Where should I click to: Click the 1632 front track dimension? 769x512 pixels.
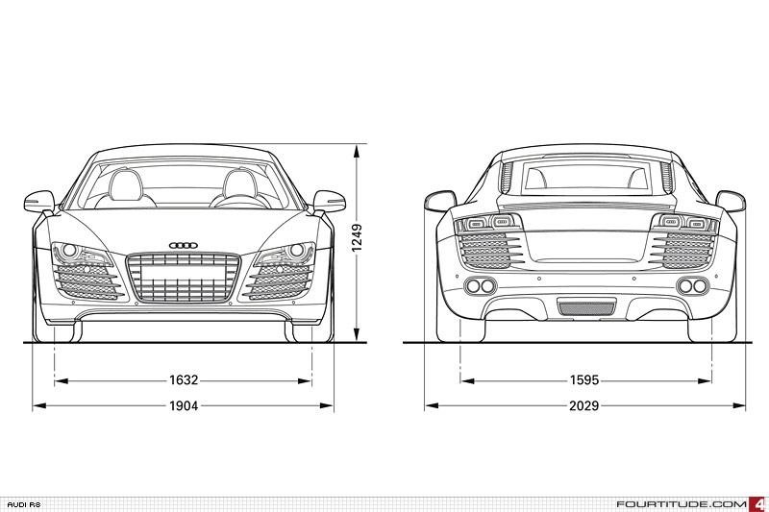184,379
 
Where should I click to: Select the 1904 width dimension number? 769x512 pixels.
184,405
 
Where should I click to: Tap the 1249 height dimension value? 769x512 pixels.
357,238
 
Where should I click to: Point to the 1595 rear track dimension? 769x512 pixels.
584,379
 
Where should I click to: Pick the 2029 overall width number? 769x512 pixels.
584,405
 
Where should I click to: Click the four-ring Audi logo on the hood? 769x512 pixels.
183,246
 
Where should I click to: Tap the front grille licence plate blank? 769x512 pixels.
183,272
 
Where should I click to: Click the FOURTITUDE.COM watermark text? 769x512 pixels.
682,504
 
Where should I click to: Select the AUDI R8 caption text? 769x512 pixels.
24,504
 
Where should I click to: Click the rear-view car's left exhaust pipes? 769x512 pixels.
480,285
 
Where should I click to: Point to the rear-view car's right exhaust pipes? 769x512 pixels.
692,285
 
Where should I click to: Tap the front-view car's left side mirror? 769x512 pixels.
39,201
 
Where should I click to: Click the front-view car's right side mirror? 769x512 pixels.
329,201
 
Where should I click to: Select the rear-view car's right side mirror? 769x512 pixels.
731,201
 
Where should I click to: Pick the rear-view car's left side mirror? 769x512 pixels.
440,201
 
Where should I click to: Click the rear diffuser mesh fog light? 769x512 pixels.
586,308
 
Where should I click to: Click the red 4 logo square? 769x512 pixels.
758,504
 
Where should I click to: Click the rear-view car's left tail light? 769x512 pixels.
489,224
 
